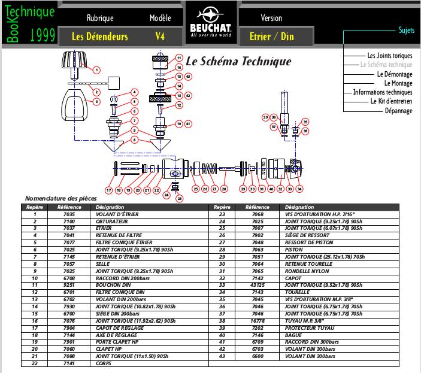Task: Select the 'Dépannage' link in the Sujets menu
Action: click(398, 111)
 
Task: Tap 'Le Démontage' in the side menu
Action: click(395, 74)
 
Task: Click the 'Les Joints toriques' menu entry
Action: click(390, 56)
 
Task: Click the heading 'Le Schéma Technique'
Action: click(238, 61)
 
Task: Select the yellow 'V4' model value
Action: click(160, 37)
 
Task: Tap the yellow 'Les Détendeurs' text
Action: click(100, 37)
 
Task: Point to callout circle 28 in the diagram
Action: click(224, 189)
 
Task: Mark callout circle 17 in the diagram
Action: click(109, 190)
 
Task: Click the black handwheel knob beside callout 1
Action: click(76, 61)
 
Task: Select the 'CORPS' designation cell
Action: click(104, 363)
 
